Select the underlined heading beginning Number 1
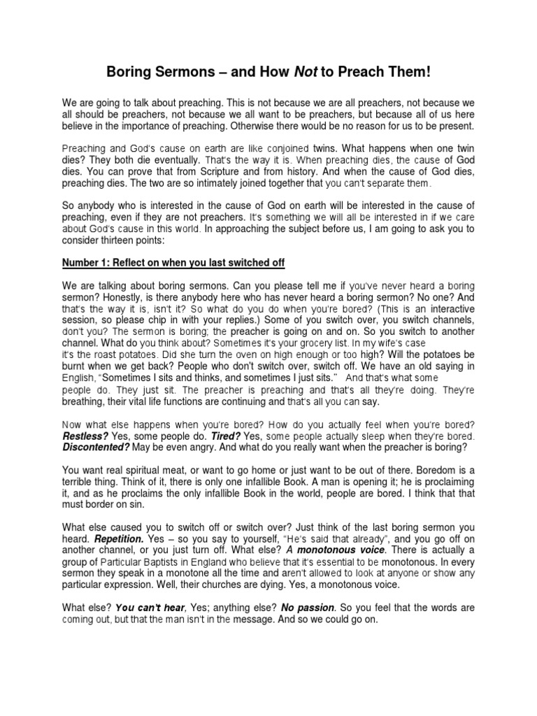pos(173,262)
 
